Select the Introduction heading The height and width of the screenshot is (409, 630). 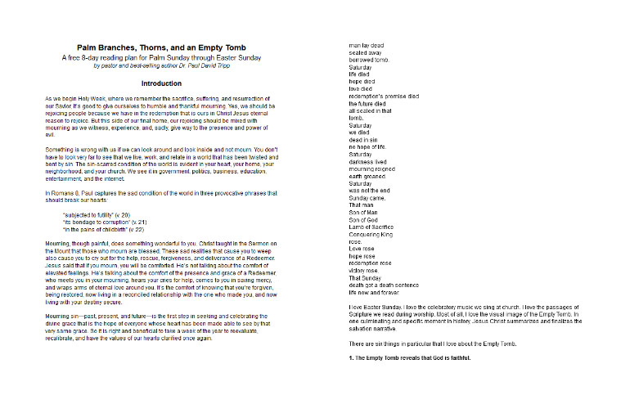(x=166, y=83)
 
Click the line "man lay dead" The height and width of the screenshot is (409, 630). (x=366, y=45)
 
